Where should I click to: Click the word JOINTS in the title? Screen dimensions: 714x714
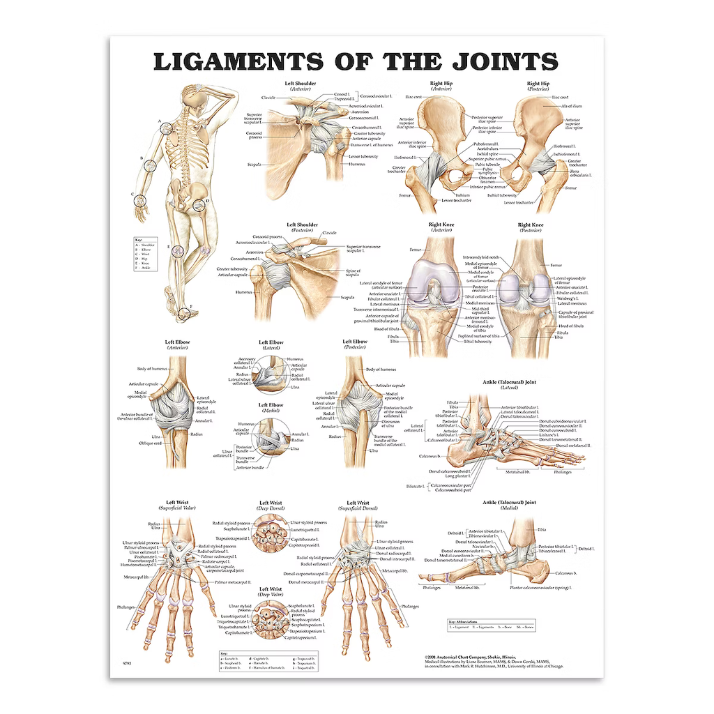tap(482, 61)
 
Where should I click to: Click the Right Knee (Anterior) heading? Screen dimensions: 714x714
tap(441, 227)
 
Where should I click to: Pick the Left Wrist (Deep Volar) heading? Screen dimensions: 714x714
tap(271, 592)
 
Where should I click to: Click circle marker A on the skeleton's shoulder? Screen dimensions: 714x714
tap(165, 128)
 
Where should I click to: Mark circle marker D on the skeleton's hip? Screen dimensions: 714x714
tap(199, 205)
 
